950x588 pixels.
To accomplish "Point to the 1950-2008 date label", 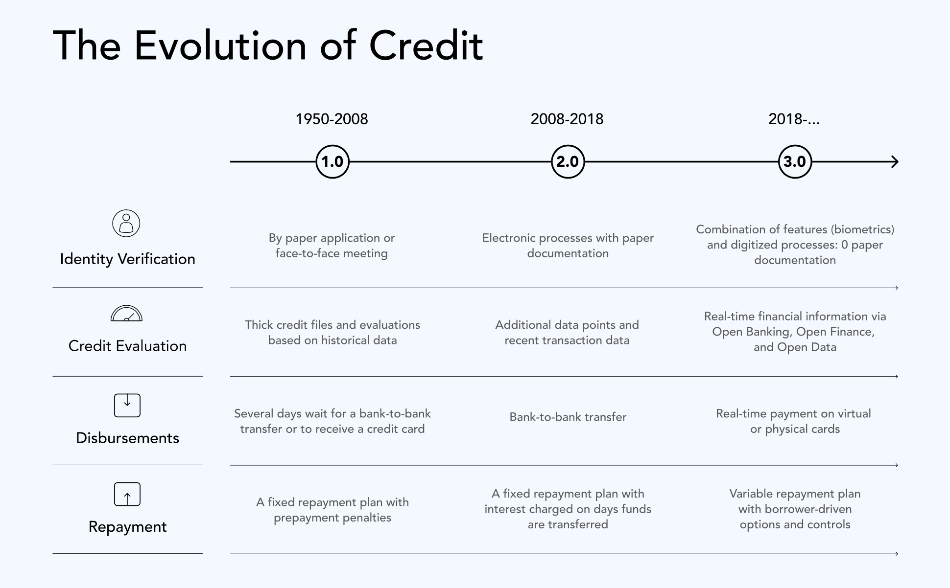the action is pyautogui.click(x=332, y=119).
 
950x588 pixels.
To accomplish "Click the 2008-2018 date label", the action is pyautogui.click(x=567, y=119).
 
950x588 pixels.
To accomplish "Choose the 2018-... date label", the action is pyautogui.click(x=794, y=119).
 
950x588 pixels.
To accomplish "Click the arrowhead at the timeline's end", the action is pyautogui.click(x=895, y=161).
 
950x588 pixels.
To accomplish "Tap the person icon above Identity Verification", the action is pyautogui.click(x=126, y=224).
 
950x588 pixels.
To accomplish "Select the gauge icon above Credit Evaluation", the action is pyautogui.click(x=127, y=314).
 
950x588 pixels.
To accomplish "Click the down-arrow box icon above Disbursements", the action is pyautogui.click(x=127, y=406).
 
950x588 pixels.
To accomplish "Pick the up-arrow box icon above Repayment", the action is pyautogui.click(x=127, y=494).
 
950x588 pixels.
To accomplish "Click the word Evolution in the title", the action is pyautogui.click(x=220, y=46).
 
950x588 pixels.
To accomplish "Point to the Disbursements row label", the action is pyautogui.click(x=127, y=438).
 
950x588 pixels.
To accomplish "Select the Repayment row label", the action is pyautogui.click(x=127, y=527).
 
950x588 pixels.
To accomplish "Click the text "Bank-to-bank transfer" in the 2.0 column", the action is pyautogui.click(x=568, y=417).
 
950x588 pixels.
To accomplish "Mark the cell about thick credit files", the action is pyautogui.click(x=332, y=332).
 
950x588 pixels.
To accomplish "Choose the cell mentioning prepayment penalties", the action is pyautogui.click(x=332, y=510).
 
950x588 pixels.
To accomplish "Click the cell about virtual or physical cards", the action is pyautogui.click(x=794, y=421).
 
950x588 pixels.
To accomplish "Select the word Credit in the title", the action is pyautogui.click(x=426, y=46).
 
